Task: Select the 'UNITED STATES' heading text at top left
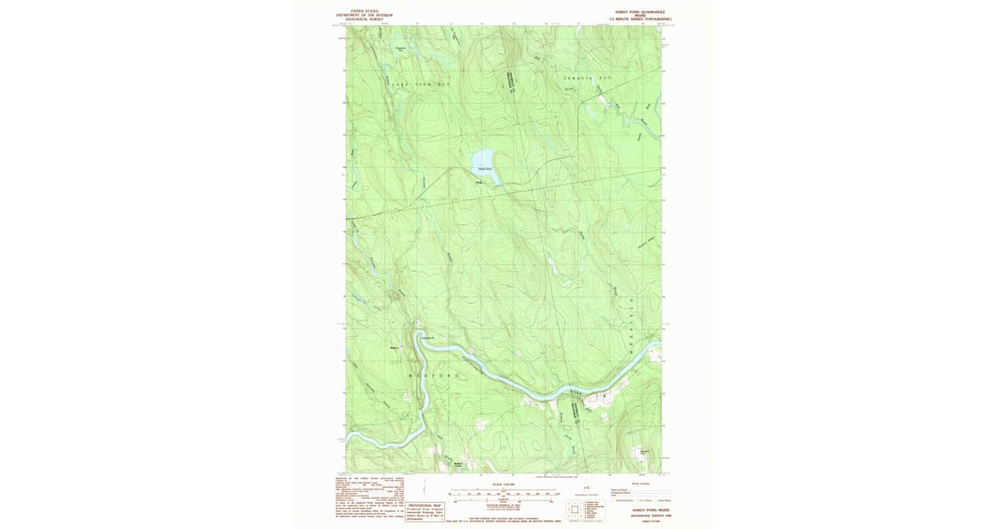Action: (364, 11)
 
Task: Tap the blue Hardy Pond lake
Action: (483, 158)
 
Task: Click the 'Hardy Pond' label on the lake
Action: (485, 169)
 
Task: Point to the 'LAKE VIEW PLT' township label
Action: (419, 85)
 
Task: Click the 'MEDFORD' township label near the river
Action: (434, 375)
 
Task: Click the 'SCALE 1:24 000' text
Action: (503, 485)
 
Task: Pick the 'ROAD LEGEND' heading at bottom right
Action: (640, 484)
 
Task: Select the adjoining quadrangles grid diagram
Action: (574, 510)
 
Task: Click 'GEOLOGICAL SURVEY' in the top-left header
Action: (364, 18)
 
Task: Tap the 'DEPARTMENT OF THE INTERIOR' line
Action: (364, 15)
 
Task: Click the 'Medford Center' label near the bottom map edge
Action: (458, 464)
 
